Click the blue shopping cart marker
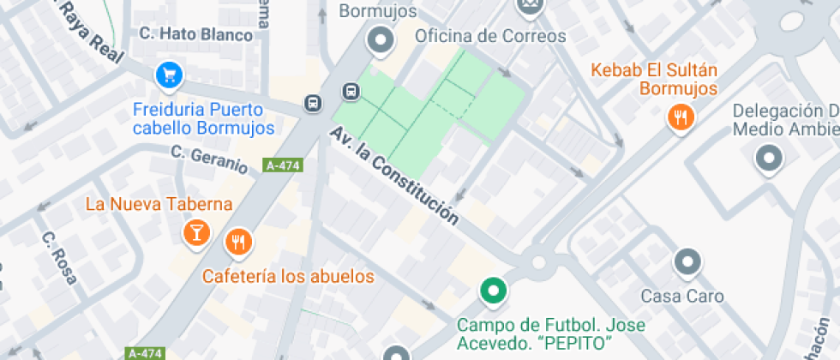point(169,75)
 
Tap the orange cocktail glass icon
point(197,231)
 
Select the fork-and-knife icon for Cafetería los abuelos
point(238,243)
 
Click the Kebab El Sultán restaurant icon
point(681,117)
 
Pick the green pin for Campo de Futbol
point(492,291)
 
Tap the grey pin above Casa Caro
point(687,262)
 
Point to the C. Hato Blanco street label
point(196,35)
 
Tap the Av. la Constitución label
point(395,177)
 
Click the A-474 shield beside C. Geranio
point(284,165)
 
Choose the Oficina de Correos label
point(490,36)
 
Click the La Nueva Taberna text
point(159,204)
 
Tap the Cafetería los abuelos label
point(288,276)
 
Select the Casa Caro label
point(682,297)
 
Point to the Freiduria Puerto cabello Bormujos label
point(204,118)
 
